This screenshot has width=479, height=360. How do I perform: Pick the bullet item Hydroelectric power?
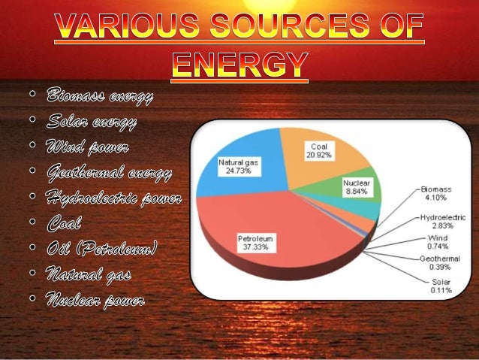(x=113, y=198)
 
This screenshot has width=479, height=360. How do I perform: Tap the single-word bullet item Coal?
(x=65, y=223)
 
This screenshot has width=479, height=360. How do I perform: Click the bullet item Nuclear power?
(x=95, y=301)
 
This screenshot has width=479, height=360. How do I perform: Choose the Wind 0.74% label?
(x=437, y=241)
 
